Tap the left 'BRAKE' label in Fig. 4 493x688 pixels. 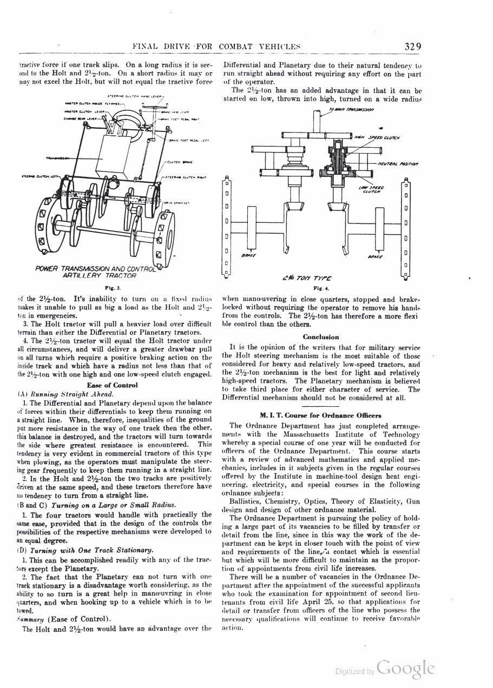click(x=248, y=255)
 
